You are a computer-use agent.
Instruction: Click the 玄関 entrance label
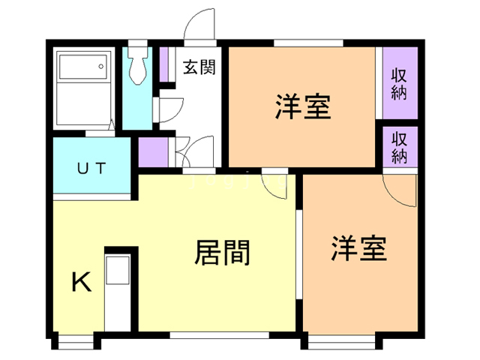click(199, 67)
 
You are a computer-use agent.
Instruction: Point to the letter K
click(80, 283)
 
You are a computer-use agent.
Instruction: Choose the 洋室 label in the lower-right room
click(359, 247)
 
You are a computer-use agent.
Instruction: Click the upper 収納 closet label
click(399, 82)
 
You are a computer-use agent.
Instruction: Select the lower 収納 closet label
click(399, 147)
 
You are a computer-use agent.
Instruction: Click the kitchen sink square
click(118, 271)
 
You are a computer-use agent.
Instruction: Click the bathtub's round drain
click(100, 67)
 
